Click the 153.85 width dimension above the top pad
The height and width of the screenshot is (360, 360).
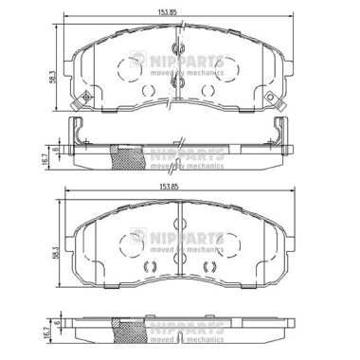(167, 12)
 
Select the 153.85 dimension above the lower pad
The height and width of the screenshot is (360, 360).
(169, 187)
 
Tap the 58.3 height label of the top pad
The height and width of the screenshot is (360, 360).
(53, 77)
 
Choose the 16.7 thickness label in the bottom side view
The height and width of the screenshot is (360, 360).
(46, 333)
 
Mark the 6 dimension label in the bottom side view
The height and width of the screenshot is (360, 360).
(57, 323)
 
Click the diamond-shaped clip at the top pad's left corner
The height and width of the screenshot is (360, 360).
(85, 98)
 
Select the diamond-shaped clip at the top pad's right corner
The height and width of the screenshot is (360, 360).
(270, 98)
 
